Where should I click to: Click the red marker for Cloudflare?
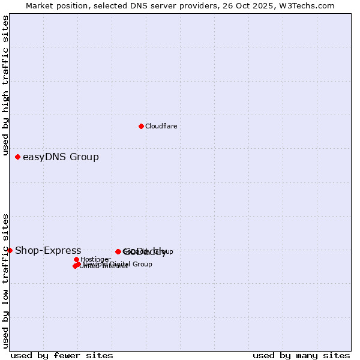pyautogui.click(x=141, y=126)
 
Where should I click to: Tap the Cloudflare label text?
pyautogui.click(x=161, y=126)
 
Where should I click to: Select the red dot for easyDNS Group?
pyautogui.click(x=17, y=157)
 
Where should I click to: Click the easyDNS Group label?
pyautogui.click(x=61, y=157)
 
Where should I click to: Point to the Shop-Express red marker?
pyautogui.click(x=10, y=250)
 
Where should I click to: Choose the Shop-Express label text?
pyautogui.click(x=48, y=250)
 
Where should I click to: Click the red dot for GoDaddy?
pyautogui.click(x=118, y=251)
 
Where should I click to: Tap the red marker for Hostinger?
pyautogui.click(x=76, y=260)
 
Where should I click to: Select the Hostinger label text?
pyautogui.click(x=95, y=260)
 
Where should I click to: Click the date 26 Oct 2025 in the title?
pyautogui.click(x=255, y=5)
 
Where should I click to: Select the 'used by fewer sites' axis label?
pyautogui.click(x=62, y=355)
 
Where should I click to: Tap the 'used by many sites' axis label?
pyautogui.click(x=301, y=355)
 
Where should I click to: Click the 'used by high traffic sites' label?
pyautogui.click(x=5, y=86)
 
